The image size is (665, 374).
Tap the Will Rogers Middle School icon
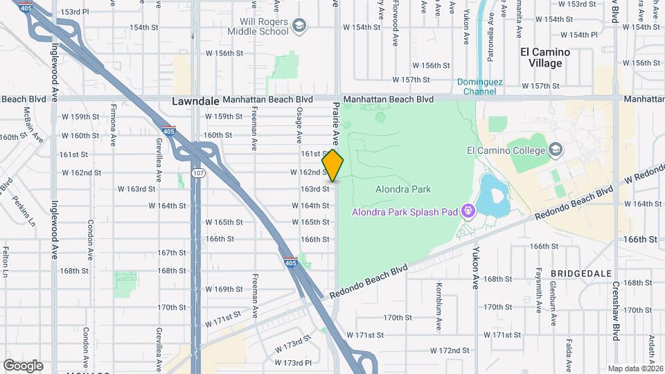point(299,26)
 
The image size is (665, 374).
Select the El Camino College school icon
point(556,150)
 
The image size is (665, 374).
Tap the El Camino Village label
point(545,57)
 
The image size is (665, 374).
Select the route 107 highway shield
point(198,173)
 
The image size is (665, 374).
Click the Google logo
point(23,365)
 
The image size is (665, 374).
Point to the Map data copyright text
point(635,368)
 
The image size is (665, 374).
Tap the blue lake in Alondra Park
point(495,193)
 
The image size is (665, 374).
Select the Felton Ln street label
point(6,264)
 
